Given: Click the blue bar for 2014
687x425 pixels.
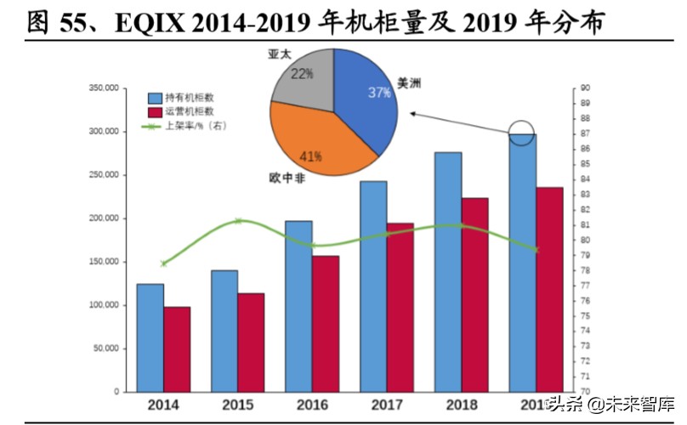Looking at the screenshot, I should (x=150, y=337).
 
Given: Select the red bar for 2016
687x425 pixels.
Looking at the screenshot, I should (x=326, y=323).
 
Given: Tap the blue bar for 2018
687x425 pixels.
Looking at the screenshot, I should (x=448, y=272).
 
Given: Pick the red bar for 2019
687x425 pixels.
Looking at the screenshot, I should (x=549, y=289).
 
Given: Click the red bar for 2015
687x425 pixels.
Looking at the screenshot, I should (x=251, y=343).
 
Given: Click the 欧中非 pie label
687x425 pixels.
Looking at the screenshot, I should (x=286, y=178).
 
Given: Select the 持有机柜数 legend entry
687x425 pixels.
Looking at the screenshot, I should (x=184, y=97).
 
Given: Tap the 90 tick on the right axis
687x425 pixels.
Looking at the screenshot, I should (x=585, y=88).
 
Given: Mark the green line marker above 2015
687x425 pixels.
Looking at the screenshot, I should (x=238, y=221).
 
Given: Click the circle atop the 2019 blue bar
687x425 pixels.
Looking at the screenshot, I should (x=522, y=133).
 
